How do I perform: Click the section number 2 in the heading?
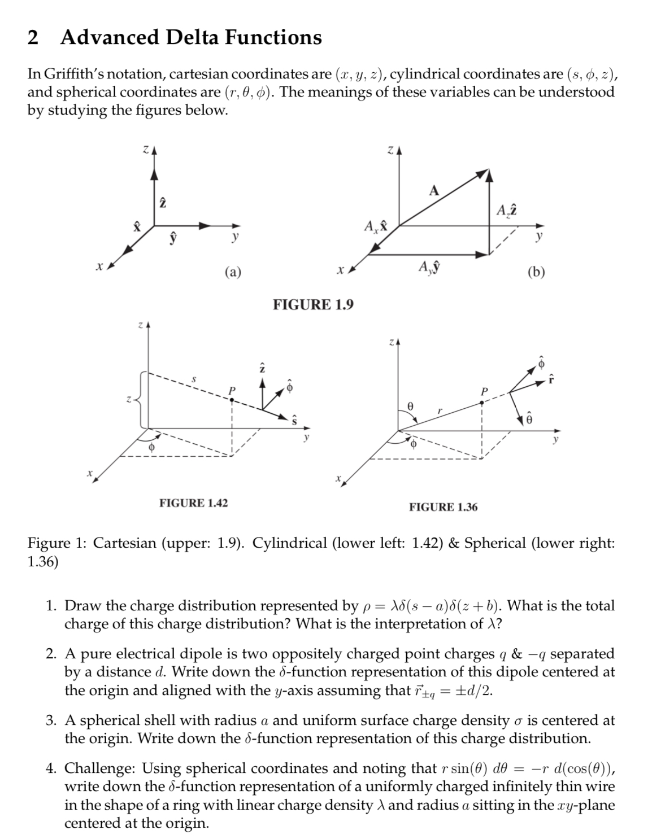(33, 37)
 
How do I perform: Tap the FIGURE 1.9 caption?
(313, 305)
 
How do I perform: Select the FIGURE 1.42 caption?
(194, 502)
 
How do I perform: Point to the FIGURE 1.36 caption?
(443, 507)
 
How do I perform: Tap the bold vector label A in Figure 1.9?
(433, 190)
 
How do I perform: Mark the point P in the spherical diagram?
(481, 401)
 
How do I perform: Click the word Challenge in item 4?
(99, 768)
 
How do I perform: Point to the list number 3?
(51, 720)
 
